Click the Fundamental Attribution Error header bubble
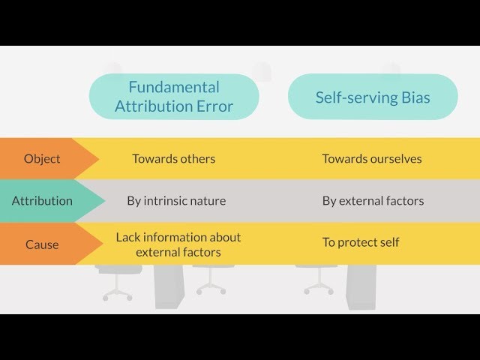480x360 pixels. (174, 97)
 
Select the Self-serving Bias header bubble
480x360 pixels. (373, 97)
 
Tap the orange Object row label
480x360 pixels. (42, 158)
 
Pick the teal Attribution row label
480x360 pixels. (42, 201)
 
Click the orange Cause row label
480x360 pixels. (42, 244)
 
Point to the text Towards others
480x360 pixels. (173, 158)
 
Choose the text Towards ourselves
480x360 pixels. (372, 158)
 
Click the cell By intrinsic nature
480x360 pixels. (176, 201)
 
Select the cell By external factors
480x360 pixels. (373, 201)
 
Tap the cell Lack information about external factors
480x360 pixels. (178, 244)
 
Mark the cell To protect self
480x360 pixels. (361, 242)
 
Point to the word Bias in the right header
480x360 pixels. (415, 97)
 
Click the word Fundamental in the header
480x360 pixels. (174, 86)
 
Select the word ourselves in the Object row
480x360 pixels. (394, 158)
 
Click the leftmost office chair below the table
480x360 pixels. (118, 281)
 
